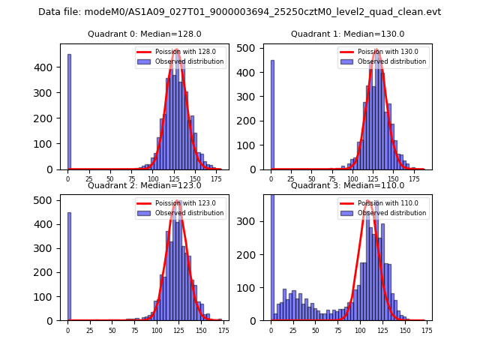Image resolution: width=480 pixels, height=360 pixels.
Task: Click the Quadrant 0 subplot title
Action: [x=142, y=34]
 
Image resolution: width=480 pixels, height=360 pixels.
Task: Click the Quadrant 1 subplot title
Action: [x=347, y=34]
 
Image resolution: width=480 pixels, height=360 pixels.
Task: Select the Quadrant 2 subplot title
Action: [x=142, y=185]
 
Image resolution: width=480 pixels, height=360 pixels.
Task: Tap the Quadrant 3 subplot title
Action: [x=347, y=185]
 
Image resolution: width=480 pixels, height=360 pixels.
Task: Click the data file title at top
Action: [x=239, y=12]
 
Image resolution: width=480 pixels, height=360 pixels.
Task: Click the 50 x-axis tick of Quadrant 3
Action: [x=316, y=329]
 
